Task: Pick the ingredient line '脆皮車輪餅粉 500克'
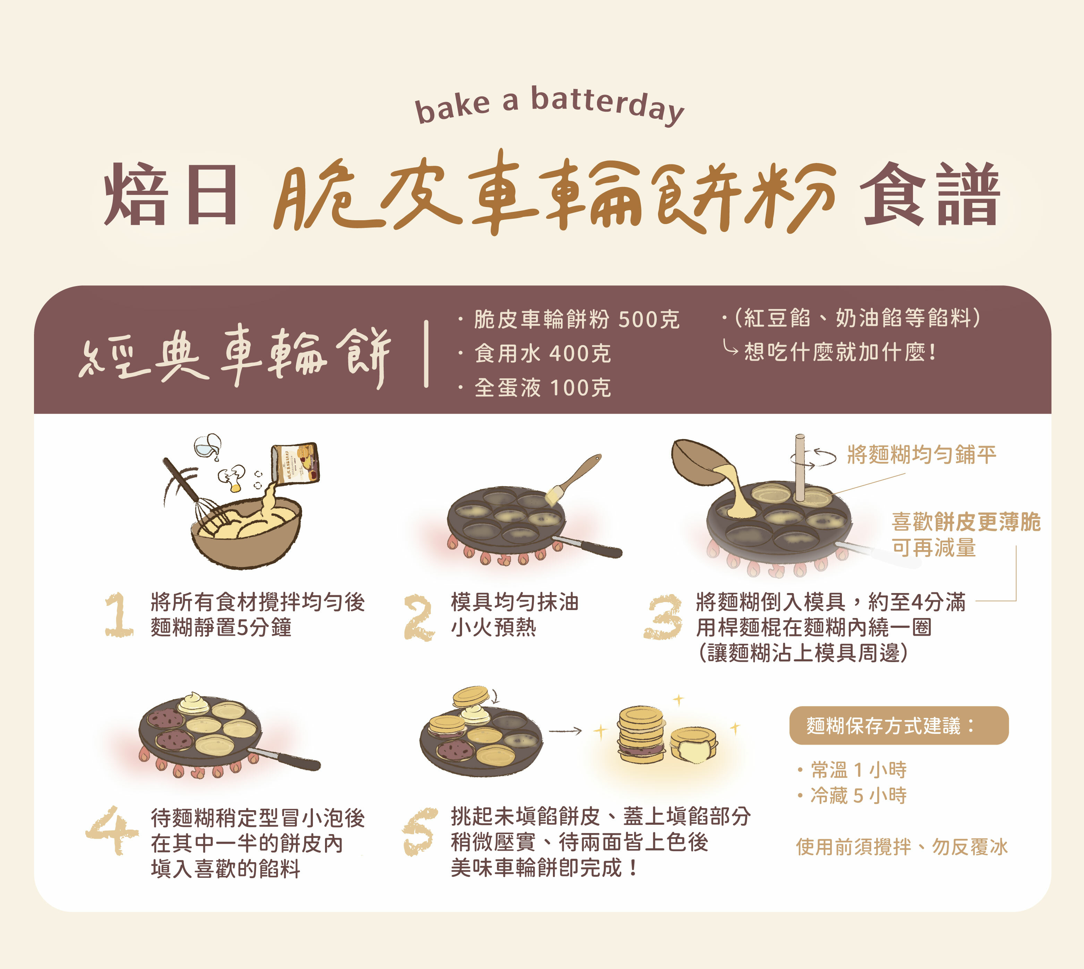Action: pyautogui.click(x=576, y=319)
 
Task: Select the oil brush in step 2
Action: pyautogui.click(x=572, y=479)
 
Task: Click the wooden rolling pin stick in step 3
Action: pyautogui.click(x=800, y=469)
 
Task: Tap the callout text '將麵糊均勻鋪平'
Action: pyautogui.click(x=921, y=455)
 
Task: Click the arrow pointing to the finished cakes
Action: pyautogui.click(x=565, y=731)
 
